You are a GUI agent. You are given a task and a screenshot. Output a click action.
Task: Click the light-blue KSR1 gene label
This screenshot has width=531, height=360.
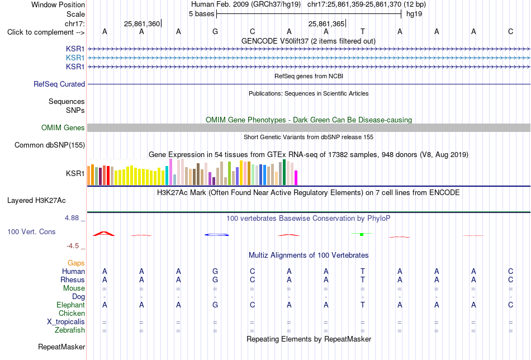pyautogui.click(x=75, y=58)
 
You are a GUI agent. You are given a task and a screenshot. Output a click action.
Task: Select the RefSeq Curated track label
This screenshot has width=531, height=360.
pyautogui.click(x=59, y=84)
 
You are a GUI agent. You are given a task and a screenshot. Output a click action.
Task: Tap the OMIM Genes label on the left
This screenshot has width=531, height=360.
pyautogui.click(x=63, y=127)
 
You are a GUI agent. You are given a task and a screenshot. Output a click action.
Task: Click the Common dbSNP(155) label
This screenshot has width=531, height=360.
pyautogui.click(x=50, y=145)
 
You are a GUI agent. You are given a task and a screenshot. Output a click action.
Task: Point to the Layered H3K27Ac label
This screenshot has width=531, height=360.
pyautogui.click(x=36, y=201)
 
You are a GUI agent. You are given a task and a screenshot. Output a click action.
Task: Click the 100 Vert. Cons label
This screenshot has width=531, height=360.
pyautogui.click(x=31, y=231)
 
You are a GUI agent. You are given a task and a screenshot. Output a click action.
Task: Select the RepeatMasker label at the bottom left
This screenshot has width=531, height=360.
pyautogui.click(x=61, y=347)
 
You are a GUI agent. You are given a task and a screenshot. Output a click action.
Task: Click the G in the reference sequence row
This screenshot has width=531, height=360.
pyautogui.click(x=215, y=32)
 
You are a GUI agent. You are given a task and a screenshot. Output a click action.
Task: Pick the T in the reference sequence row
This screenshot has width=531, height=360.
pyautogui.click(x=363, y=32)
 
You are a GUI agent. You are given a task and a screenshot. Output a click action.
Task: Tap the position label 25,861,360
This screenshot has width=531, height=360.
pyautogui.click(x=141, y=23)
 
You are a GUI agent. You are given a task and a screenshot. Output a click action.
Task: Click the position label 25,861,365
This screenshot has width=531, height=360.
pyautogui.click(x=326, y=23)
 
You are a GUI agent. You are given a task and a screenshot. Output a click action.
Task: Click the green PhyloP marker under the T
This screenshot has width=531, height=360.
pyautogui.click(x=362, y=234)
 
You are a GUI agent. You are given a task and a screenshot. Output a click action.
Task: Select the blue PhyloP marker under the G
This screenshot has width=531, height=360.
pyautogui.click(x=216, y=235)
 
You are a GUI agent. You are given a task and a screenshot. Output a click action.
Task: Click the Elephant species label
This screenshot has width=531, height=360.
pyautogui.click(x=70, y=305)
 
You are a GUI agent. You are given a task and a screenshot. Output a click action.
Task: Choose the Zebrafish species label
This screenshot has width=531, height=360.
pyautogui.click(x=70, y=330)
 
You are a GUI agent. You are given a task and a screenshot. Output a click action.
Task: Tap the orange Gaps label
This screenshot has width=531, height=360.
pyautogui.click(x=76, y=263)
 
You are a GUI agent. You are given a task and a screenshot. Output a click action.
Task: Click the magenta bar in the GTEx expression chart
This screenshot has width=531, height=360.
pyautogui.click(x=296, y=178)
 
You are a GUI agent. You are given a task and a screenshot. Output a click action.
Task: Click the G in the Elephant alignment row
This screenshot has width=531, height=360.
pyautogui.click(x=215, y=305)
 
